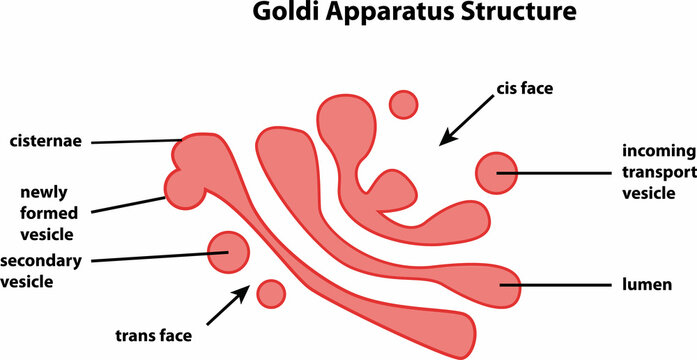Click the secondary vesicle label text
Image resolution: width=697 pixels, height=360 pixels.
41,271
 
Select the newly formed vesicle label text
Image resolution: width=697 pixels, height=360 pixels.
47,210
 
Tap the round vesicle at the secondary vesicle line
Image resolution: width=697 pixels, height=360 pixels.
228,253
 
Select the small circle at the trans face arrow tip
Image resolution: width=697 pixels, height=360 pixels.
271,293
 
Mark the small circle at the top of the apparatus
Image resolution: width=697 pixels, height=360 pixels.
403,104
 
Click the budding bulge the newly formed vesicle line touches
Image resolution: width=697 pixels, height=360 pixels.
183,188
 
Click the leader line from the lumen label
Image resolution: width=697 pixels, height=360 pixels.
560,287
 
